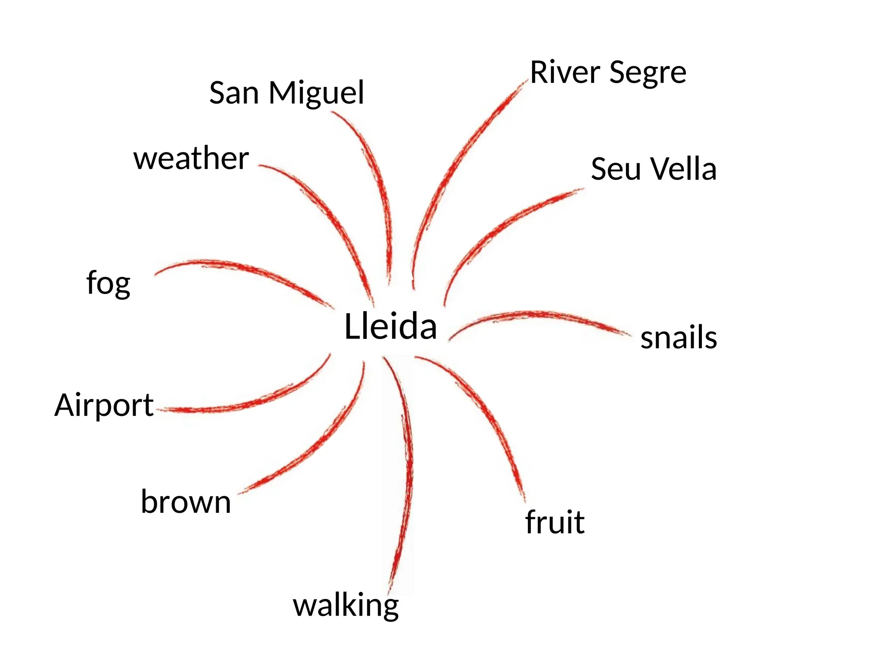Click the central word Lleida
[390, 326]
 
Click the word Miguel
[316, 93]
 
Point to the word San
[234, 93]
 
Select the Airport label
[104, 405]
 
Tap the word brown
[186, 502]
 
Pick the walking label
[346, 606]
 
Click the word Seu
[612, 169]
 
